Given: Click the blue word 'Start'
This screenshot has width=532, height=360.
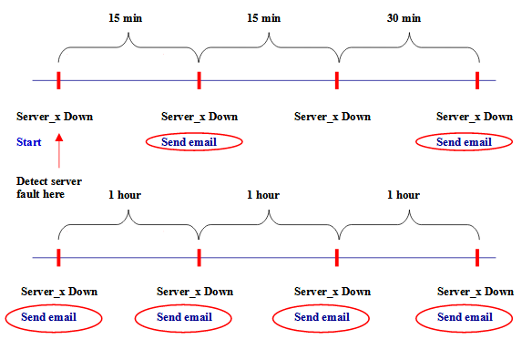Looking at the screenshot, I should [29, 141].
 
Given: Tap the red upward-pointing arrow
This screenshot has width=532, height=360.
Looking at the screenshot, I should [59, 151].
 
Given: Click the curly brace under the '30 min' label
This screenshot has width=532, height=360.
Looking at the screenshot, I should [408, 44].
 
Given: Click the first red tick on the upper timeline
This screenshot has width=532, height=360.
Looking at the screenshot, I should [59, 80].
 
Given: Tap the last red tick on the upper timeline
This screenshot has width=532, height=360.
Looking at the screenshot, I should [477, 80].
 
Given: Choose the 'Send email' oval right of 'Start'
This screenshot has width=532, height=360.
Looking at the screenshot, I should [194, 141].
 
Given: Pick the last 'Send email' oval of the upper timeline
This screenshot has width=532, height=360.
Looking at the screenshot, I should [464, 141].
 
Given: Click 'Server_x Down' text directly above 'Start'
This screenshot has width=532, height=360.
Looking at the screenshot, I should [55, 117].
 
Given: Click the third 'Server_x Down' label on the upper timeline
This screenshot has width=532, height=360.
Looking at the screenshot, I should [332, 117].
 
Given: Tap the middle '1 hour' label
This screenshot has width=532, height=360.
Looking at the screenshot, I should [262, 195].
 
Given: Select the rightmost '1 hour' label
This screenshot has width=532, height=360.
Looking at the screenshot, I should [403, 195].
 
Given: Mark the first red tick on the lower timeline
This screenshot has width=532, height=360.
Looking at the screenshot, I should [59, 257].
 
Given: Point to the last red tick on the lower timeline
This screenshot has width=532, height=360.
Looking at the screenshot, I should [477, 257].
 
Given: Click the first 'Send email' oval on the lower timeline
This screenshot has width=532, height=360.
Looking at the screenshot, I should [53, 317].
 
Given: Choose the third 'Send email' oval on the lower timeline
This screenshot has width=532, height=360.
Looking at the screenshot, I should [322, 317].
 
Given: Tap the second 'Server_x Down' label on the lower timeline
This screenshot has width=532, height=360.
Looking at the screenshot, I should [195, 292].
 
